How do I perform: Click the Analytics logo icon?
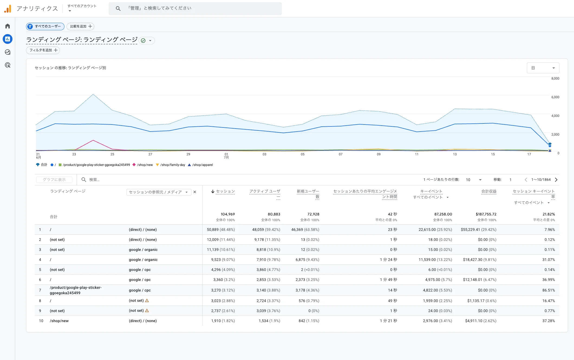(x=8, y=9)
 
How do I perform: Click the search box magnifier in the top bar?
(x=118, y=8)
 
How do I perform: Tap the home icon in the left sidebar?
(x=8, y=26)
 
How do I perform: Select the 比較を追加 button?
(x=80, y=26)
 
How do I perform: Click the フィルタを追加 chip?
(x=43, y=50)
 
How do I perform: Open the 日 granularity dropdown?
(x=543, y=68)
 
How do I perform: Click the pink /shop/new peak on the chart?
(x=93, y=140)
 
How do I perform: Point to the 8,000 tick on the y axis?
(x=555, y=78)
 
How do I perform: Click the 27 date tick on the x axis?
(x=150, y=154)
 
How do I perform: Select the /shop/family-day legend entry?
(x=171, y=165)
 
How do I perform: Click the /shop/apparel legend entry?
(x=200, y=165)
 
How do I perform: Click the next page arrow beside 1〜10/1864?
(x=556, y=180)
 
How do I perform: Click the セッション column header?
(x=225, y=191)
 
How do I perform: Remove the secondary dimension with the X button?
(x=195, y=192)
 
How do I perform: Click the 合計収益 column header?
(x=489, y=191)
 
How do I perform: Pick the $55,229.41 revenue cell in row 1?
(x=478, y=230)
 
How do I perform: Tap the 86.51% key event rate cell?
(x=549, y=290)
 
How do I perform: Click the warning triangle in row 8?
(x=147, y=300)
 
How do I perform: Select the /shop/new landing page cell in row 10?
(x=59, y=321)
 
